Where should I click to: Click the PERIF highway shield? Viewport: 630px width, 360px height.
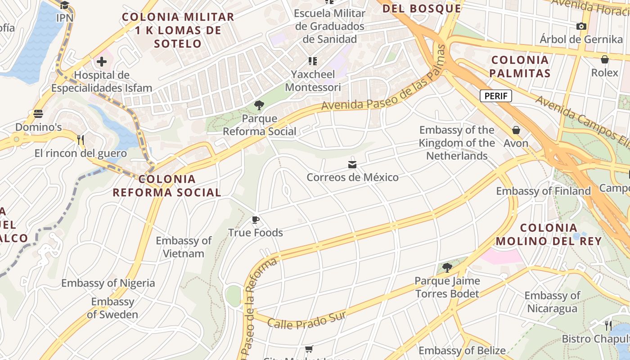pos(495,96)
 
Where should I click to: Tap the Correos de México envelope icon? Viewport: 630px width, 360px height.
pos(352,165)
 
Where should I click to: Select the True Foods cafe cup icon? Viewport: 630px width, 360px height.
pos(256,220)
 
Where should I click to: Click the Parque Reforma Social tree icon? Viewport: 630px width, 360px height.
pos(259,106)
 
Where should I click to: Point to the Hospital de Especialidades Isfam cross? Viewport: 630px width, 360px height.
pos(102,62)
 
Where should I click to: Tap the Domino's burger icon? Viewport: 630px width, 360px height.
pos(38,114)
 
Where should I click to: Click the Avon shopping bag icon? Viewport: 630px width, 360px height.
pos(516,130)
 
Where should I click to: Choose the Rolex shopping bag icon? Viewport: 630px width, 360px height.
pos(605,59)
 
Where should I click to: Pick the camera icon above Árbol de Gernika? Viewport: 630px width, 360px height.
pos(581,26)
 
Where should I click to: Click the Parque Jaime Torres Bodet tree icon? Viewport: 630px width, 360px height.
pos(447,268)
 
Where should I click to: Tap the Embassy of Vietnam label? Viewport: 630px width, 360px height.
pos(184,247)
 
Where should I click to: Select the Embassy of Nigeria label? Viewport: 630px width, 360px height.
pos(108,283)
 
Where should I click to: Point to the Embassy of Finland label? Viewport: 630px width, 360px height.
pos(543,191)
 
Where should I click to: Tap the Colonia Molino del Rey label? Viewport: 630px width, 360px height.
pos(549,234)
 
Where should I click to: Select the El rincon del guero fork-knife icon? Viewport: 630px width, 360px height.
pos(81,139)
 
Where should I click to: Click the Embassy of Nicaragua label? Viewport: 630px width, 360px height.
pos(552,302)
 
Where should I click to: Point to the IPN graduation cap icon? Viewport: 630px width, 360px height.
pos(65,5)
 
